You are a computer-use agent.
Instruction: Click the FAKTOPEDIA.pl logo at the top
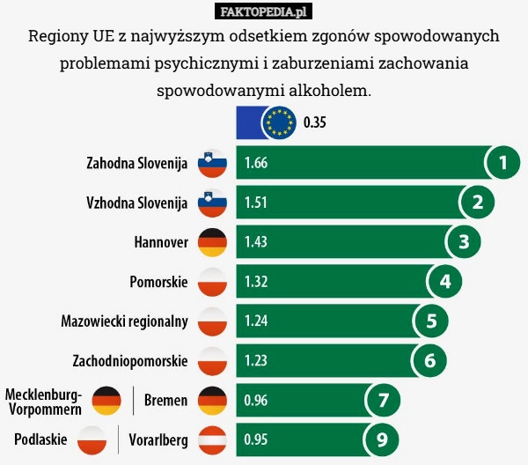coord(264,11)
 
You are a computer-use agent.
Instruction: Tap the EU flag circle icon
coord(280,122)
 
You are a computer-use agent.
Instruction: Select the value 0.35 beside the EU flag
coord(315,122)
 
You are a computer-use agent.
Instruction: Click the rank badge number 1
coord(502,163)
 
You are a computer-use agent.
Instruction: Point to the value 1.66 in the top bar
coord(257,163)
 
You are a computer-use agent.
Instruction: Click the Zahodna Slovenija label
coord(137,163)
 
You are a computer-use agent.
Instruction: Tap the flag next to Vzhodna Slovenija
coord(212,203)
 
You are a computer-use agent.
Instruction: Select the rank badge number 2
coord(477,203)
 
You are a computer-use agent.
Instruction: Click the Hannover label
coord(161,242)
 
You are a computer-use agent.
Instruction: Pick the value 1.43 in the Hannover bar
coord(257,242)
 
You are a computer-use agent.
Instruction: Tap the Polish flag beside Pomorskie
coord(212,282)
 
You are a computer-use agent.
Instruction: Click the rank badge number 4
coord(444,282)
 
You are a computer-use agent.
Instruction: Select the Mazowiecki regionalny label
coord(125,321)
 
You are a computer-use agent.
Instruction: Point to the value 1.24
coord(257,321)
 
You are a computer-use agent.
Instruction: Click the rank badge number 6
coord(429,360)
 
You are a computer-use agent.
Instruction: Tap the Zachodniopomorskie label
coord(129,361)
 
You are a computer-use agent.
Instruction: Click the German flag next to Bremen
coord(212,401)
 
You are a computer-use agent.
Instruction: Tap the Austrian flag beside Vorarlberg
coord(212,439)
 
